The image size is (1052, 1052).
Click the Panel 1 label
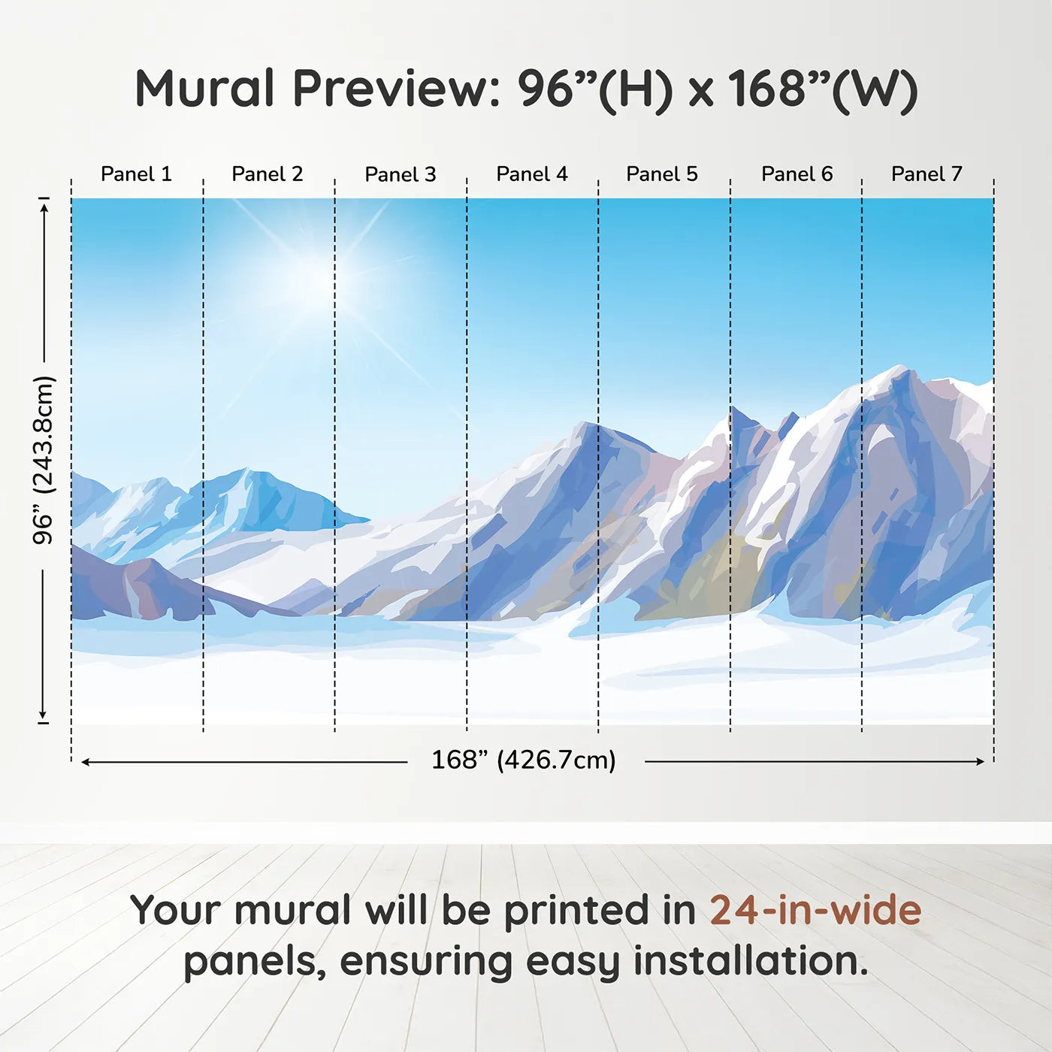coord(136,174)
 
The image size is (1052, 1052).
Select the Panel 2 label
coord(267,174)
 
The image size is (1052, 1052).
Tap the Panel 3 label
coord(401,174)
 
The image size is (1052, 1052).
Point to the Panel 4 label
coord(532,174)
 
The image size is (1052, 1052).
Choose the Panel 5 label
coord(662,174)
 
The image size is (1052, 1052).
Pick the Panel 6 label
coord(797,174)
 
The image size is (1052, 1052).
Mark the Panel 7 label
coord(927,174)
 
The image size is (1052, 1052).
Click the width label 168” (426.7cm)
coord(524,760)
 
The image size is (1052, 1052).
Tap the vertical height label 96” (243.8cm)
coord(43,460)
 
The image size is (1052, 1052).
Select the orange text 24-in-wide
coord(815,911)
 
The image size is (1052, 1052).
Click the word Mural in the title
coord(204,89)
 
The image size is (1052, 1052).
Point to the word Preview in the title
coord(397,89)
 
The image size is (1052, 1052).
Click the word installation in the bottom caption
coord(751,961)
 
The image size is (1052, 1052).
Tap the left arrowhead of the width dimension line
coord(85,762)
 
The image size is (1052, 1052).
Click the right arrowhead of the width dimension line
coord(981,761)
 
